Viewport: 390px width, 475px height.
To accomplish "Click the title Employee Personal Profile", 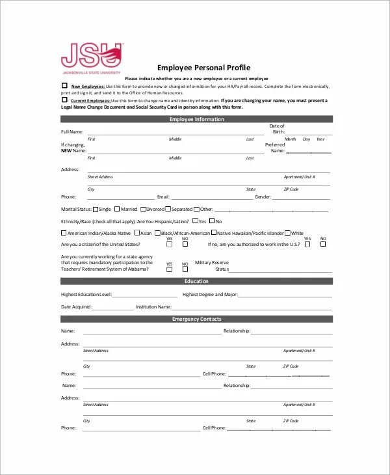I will pos(203,68).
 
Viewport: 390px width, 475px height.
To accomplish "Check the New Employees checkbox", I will pos(64,85).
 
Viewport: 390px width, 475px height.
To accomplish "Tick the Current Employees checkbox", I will pos(64,100).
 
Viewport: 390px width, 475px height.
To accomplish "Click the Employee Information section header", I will pos(196,119).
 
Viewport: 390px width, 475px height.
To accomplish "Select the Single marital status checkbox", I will pos(96,210).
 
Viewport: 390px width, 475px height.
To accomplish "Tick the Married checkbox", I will pos(118,210).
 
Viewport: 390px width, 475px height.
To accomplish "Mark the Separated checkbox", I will pos(168,210).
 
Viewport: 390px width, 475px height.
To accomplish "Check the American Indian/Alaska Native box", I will pos(64,233).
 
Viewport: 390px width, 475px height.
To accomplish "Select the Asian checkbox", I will pos(136,233).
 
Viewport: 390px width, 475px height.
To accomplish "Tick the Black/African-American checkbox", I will pos(157,233).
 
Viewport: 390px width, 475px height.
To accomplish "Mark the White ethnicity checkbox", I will pos(287,233).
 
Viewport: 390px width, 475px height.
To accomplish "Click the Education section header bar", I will pos(196,281).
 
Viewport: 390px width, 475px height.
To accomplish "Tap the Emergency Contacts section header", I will pos(196,319).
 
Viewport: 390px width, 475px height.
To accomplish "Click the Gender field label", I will pos(263,197).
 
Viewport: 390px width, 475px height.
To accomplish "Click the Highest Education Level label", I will pos(86,294).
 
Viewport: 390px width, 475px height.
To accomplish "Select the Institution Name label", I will pos(153,306).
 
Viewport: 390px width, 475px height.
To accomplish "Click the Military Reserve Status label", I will pos(212,265).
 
